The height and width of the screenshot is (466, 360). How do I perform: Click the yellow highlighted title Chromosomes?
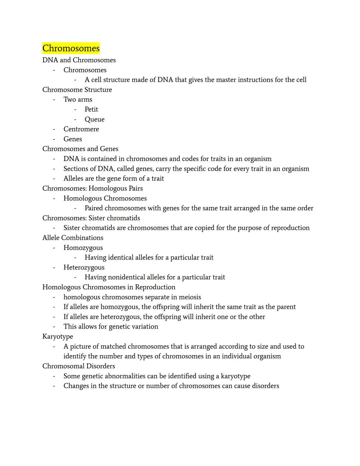click(x=71, y=48)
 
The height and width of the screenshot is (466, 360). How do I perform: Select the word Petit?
click(x=91, y=109)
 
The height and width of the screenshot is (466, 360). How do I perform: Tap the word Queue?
click(x=94, y=119)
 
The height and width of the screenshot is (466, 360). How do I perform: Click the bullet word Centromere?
click(x=81, y=129)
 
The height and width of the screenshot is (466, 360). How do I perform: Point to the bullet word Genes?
click(x=73, y=139)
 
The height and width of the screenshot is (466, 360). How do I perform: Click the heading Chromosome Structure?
click(x=77, y=90)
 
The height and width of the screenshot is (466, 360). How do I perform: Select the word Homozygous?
click(x=83, y=248)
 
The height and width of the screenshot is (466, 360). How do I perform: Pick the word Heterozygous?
click(x=84, y=268)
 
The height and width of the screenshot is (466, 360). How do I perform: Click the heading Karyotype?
click(x=58, y=337)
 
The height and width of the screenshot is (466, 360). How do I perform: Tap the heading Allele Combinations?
click(x=73, y=238)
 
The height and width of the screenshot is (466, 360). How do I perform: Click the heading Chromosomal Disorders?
click(x=79, y=366)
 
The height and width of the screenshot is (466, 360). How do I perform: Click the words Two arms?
click(x=78, y=99)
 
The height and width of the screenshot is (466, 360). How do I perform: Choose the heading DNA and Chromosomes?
click(x=79, y=60)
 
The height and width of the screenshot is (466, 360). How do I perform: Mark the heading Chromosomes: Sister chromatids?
click(x=91, y=218)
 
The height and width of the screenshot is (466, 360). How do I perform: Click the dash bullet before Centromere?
click(x=54, y=129)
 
